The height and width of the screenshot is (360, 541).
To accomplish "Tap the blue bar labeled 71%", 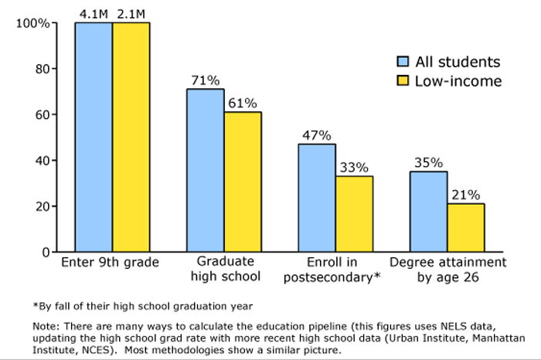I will click(x=206, y=170).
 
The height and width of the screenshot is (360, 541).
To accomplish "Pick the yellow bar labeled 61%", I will click(x=243, y=182).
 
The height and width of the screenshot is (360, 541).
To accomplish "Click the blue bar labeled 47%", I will click(x=317, y=198).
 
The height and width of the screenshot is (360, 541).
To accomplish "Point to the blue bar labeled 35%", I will click(x=428, y=212).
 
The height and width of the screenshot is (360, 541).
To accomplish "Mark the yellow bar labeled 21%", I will click(x=465, y=227).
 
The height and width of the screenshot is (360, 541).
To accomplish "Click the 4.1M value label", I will click(x=94, y=13).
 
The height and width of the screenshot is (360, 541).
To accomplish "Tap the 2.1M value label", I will click(x=131, y=13).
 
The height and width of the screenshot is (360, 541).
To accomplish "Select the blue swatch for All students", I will click(x=403, y=63).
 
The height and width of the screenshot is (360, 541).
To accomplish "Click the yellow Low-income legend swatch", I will click(x=403, y=81).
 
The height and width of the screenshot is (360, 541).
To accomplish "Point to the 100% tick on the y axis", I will click(x=33, y=23).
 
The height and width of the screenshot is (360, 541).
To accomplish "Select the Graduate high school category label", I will click(x=223, y=270).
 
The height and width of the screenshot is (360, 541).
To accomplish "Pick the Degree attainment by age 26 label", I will click(x=447, y=270).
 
